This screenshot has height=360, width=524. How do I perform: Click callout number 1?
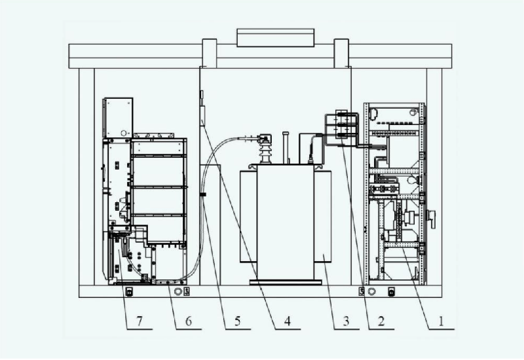tap(441, 321)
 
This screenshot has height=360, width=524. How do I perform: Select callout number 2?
tap(381, 321)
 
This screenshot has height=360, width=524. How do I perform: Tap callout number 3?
tap(346, 321)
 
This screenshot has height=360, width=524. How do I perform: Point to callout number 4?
tap(288, 321)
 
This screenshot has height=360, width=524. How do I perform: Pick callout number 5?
tap(237, 321)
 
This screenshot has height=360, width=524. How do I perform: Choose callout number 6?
tap(189, 321)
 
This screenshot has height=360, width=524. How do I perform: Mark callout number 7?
tap(140, 321)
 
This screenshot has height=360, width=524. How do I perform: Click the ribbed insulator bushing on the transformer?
tap(266, 151)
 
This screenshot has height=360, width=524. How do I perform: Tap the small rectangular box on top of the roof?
tap(275, 38)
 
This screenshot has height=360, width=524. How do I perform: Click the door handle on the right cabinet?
tap(432, 219)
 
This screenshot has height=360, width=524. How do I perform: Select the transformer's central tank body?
tap(286, 222)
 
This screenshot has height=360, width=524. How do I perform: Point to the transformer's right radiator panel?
tap(323, 217)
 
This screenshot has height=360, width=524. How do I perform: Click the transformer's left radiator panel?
tap(248, 217)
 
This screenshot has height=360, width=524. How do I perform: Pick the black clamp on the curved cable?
tap(202, 194)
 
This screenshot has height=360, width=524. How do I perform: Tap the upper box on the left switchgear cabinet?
tap(118, 118)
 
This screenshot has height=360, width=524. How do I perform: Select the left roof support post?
tap(210, 54)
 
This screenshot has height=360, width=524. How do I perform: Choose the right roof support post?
tap(341, 54)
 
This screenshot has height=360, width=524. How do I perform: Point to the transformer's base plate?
tap(286, 283)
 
